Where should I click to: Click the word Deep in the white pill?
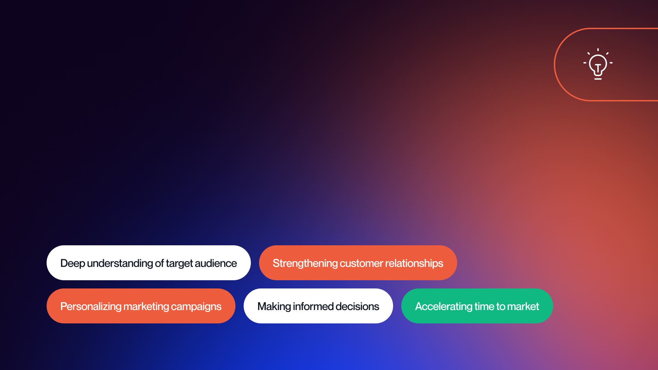pyautogui.click(x=73, y=263)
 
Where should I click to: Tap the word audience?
pyautogui.click(x=216, y=263)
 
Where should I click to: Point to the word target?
pyautogui.click(x=179, y=263)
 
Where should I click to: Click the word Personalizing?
pyautogui.click(x=91, y=306)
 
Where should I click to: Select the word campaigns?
pyautogui.click(x=196, y=306)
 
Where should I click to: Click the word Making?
pyautogui.click(x=274, y=306)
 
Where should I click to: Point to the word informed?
pyautogui.click(x=313, y=306)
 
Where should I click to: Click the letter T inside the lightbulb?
pyautogui.click(x=598, y=67)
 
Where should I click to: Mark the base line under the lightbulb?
pyautogui.click(x=598, y=79)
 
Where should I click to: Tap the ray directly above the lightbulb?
pyautogui.click(x=598, y=50)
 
